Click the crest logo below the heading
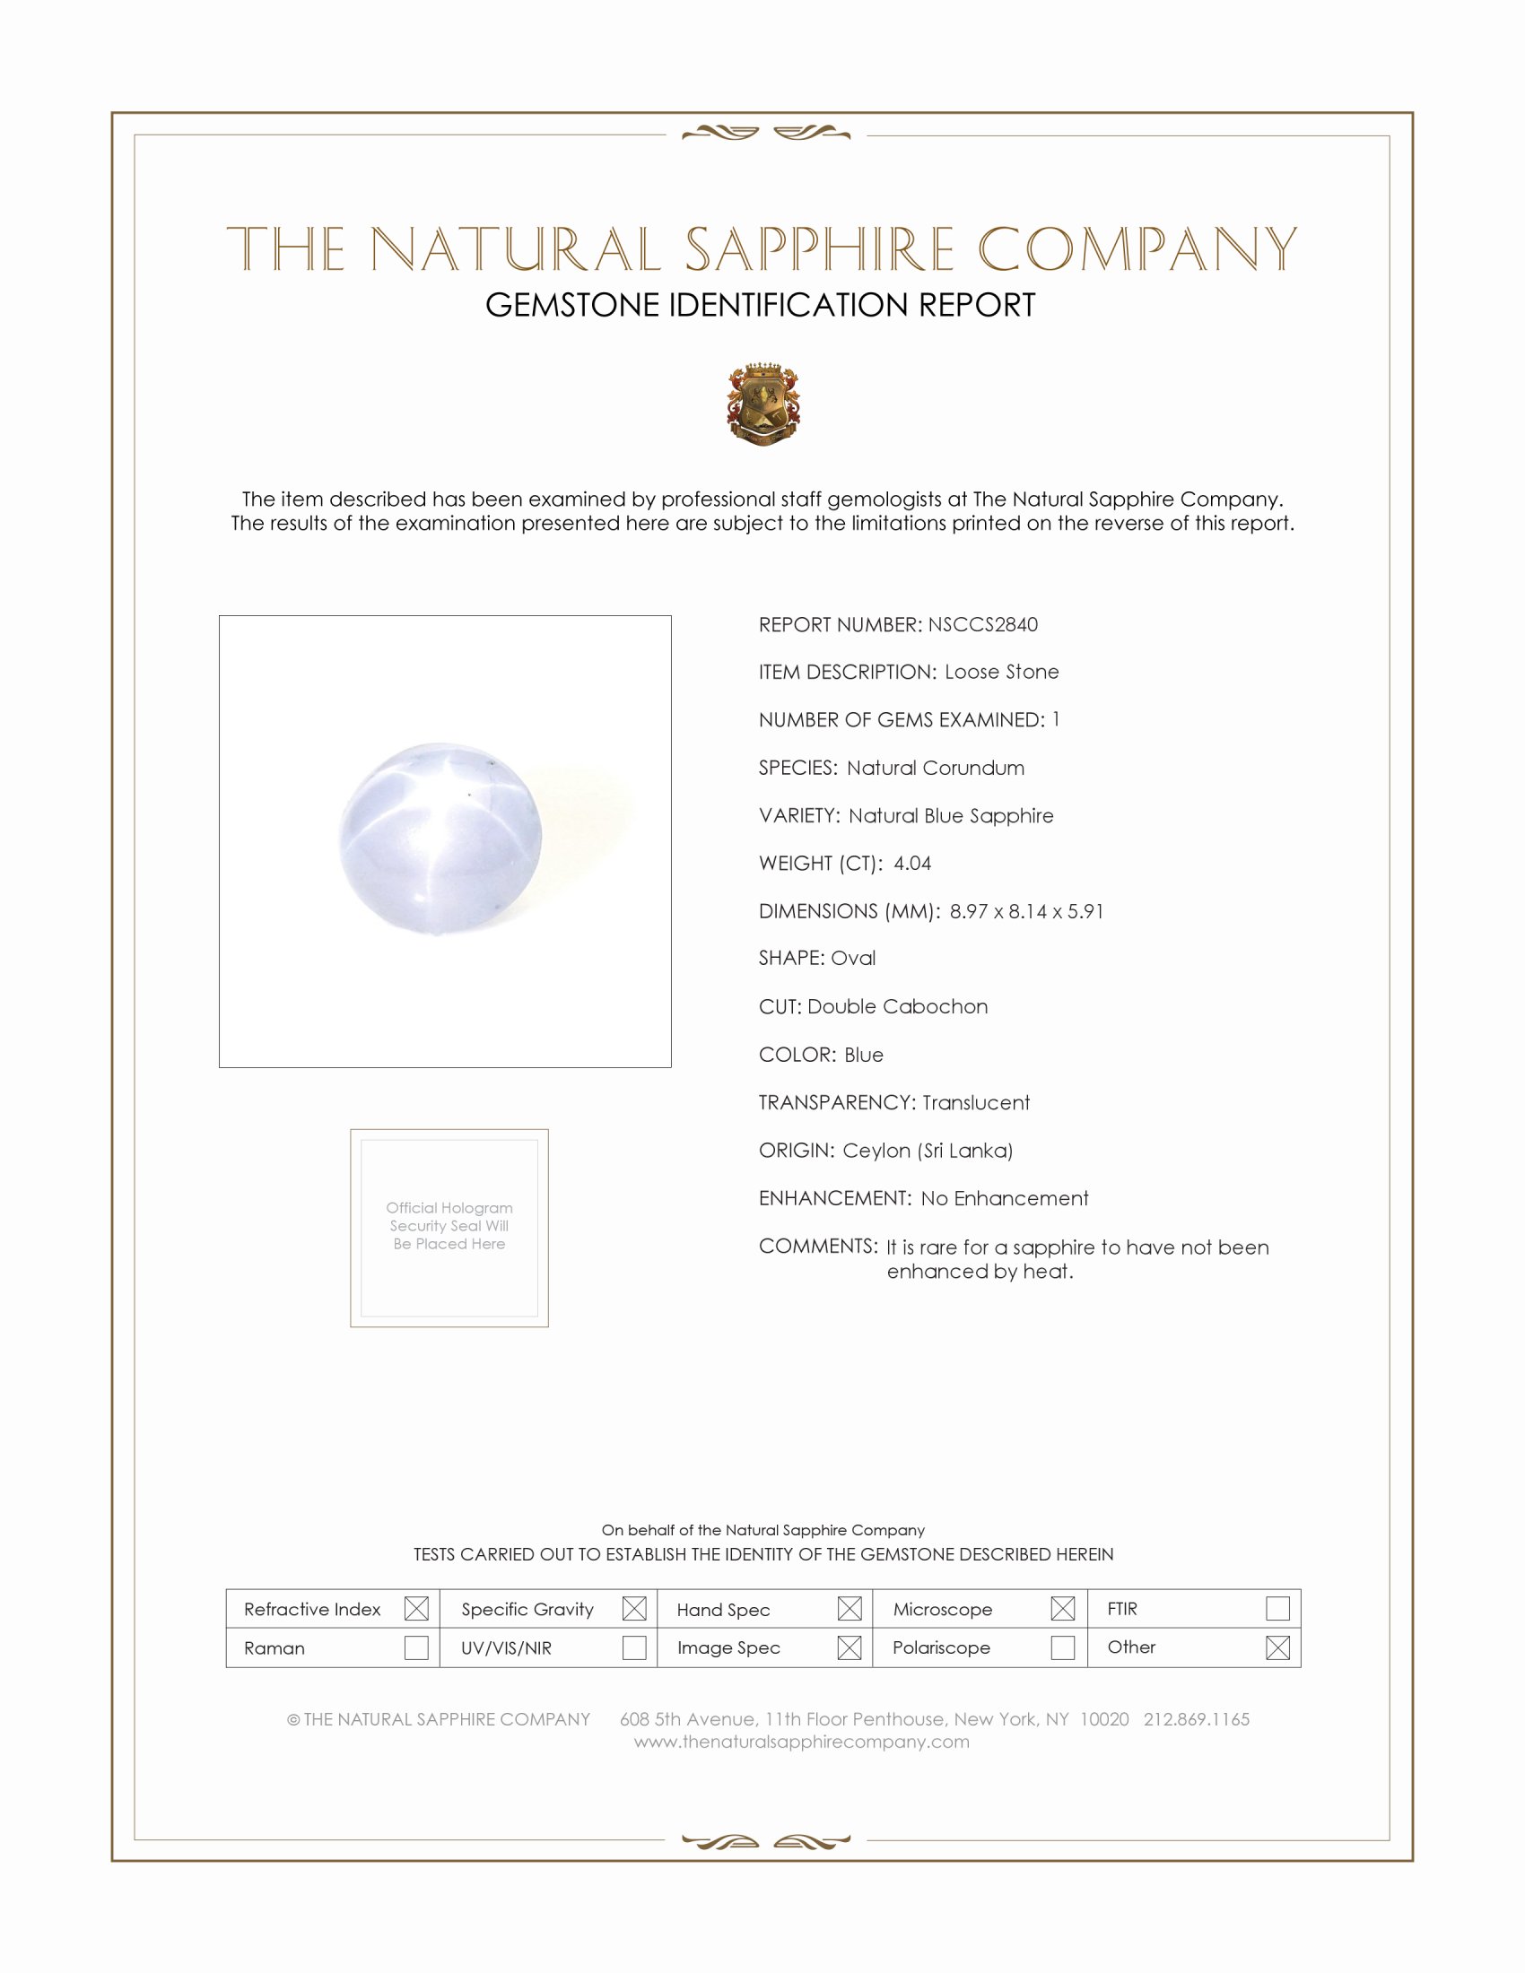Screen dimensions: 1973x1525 (763, 404)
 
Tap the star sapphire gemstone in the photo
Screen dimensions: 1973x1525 (440, 839)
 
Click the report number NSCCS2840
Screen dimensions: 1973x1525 (982, 624)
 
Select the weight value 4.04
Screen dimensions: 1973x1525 (911, 863)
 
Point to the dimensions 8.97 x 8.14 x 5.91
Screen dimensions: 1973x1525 (1025, 910)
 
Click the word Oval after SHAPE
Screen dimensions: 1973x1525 (853, 958)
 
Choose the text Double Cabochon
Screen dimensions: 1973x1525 (897, 1006)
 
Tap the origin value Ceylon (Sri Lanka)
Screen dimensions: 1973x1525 (927, 1150)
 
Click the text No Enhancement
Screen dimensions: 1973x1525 (1004, 1198)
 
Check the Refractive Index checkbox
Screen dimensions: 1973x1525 (416, 1608)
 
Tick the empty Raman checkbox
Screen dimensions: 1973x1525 (416, 1647)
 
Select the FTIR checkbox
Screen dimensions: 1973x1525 (1277, 1608)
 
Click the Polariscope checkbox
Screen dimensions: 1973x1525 (1062, 1647)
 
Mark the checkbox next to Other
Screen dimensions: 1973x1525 (1277, 1647)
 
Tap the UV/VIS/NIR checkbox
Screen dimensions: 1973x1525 (634, 1647)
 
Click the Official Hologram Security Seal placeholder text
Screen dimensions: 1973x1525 (449, 1226)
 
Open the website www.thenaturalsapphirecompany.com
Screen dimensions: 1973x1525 (801, 1742)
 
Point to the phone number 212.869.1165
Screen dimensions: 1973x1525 (1196, 1719)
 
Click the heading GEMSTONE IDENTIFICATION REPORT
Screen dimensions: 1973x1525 (760, 305)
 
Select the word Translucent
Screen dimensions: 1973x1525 (976, 1102)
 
